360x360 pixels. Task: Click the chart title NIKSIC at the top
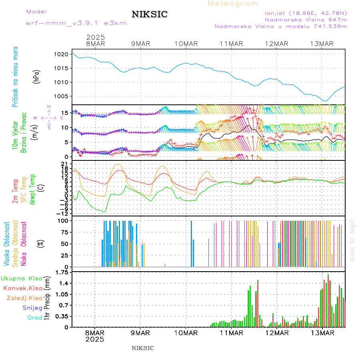pos(150,15)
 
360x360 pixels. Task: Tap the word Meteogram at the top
pos(233,4)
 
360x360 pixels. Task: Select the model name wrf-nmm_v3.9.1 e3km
pos(76,23)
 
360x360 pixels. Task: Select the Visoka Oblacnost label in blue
pos(7,244)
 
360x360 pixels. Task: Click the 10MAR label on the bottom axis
pos(186,333)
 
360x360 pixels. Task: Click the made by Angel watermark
pos(352,240)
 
